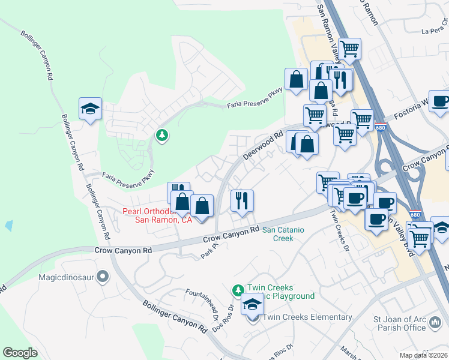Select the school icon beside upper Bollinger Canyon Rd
[90, 109]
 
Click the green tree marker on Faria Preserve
[161, 136]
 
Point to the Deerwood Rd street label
[263, 146]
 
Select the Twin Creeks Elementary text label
[308, 317]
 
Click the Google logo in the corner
[20, 353]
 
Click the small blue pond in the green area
[8, 226]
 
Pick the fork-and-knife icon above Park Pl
[242, 200]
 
